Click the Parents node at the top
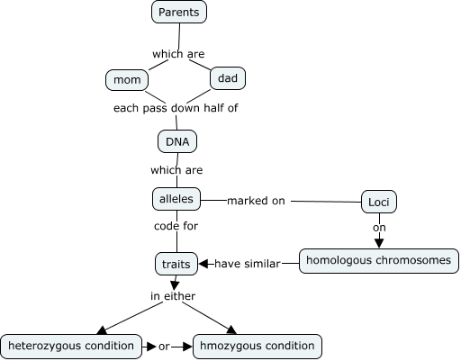coord(178,12)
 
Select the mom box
coord(123,80)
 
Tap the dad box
coord(227,78)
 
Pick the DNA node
coord(176,141)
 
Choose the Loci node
coord(378,201)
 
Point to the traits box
coord(175,264)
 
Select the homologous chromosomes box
coord(379,261)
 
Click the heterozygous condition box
coord(70,345)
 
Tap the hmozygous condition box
coord(258,345)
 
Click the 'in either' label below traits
coord(172,295)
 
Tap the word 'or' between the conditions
coord(164,345)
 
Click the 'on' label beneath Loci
coord(379,227)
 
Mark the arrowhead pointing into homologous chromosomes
coord(379,242)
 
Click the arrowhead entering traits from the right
coord(204,263)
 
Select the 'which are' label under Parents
coord(178,54)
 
